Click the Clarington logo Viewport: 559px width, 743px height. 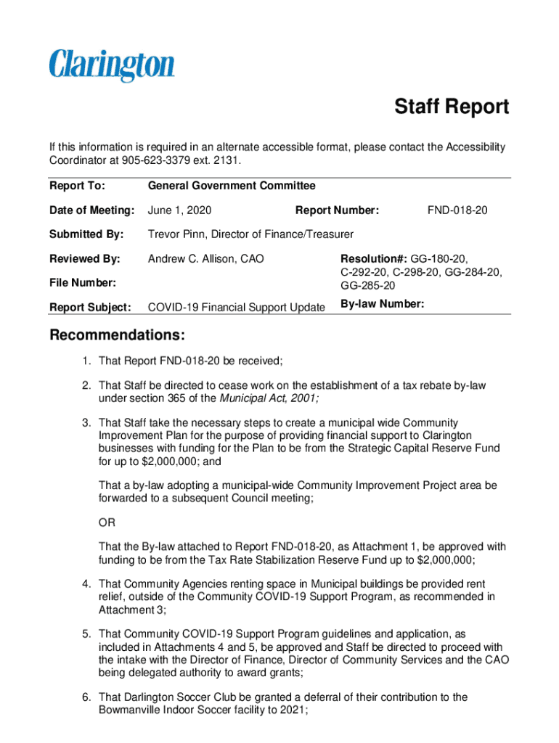(112, 65)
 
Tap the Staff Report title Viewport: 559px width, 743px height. (452, 107)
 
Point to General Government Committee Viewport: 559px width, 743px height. (232, 186)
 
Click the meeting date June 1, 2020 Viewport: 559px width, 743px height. (179, 210)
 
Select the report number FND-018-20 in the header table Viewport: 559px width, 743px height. (457, 210)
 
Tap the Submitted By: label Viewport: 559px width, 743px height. (86, 234)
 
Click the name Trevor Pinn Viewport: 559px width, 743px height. (177, 234)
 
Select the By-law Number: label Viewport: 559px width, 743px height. (382, 304)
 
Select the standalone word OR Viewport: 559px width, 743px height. (106, 522)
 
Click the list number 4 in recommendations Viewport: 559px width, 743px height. (86, 583)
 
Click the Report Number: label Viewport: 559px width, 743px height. (337, 210)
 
